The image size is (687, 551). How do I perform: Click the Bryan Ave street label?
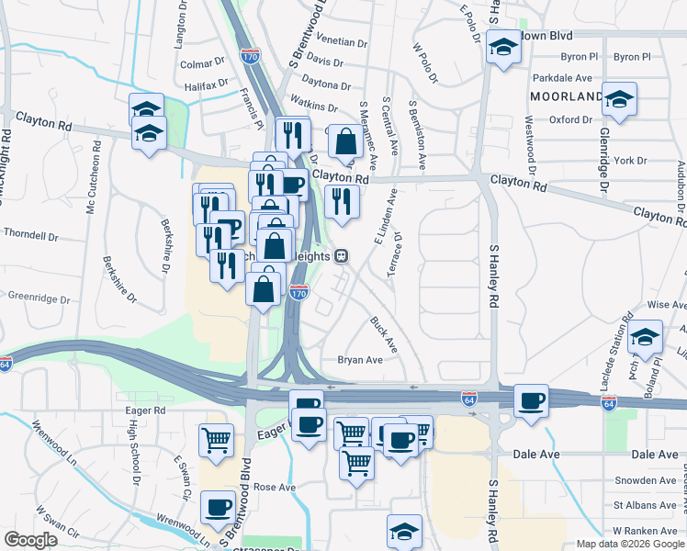pos(360,360)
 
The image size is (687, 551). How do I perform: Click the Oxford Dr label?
pos(570,119)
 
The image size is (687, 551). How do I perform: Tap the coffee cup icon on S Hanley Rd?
pos(532,400)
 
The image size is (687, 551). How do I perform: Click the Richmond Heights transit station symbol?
pos(341,256)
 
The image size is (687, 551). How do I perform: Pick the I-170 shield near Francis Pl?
pos(249,56)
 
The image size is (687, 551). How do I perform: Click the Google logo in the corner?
pos(30,540)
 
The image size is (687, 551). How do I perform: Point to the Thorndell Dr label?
pos(30,235)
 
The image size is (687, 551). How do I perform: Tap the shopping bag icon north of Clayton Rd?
pos(345,142)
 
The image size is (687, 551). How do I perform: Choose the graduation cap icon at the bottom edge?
pos(404,531)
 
